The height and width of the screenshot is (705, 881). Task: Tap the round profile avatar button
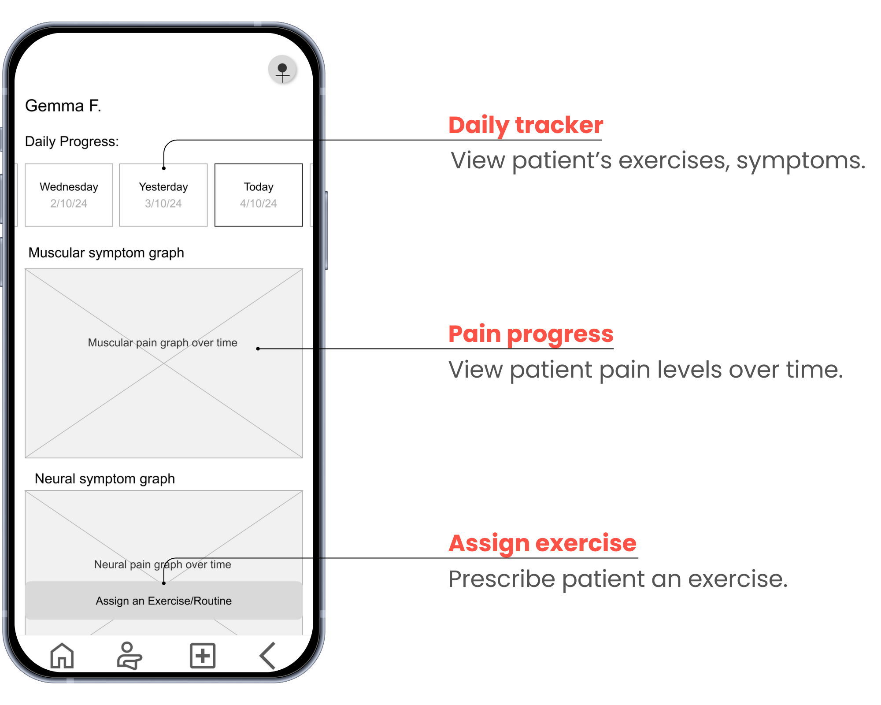click(282, 70)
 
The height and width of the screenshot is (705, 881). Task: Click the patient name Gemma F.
click(63, 106)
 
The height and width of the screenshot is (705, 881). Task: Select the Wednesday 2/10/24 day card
click(69, 195)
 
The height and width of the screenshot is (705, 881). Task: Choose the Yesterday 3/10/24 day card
click(163, 195)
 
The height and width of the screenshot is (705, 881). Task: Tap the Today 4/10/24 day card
click(259, 195)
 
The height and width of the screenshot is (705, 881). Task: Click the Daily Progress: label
click(72, 141)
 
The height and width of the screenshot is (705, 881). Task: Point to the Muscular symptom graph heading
click(106, 253)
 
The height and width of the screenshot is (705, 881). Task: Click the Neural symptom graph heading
click(105, 479)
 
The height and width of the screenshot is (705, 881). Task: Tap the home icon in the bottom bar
click(62, 656)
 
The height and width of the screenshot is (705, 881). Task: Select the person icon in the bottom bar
click(129, 656)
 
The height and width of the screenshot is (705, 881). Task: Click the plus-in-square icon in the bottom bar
click(203, 656)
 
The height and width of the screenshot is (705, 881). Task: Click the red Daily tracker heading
click(526, 125)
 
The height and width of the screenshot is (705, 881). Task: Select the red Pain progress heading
click(531, 334)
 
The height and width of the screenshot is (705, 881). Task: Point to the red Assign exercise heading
click(542, 543)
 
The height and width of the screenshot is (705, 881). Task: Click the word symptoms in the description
click(800, 160)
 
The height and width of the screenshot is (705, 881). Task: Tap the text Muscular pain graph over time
click(163, 343)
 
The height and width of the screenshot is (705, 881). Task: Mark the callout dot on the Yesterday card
click(164, 168)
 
